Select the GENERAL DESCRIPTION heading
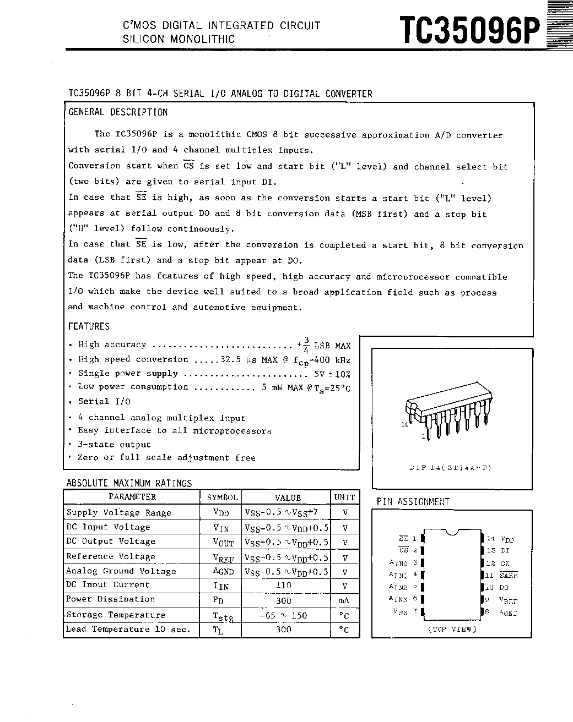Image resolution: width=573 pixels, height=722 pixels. [x=118, y=112]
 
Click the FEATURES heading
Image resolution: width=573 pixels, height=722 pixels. [x=89, y=326]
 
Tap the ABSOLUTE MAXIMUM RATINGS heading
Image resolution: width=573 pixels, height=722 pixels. [x=129, y=483]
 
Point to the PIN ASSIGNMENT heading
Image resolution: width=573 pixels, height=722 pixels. [x=413, y=501]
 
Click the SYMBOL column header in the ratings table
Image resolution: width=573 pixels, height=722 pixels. [x=222, y=497]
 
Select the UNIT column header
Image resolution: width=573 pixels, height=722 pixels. [x=344, y=497]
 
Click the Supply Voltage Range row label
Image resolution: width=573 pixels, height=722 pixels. [x=118, y=512]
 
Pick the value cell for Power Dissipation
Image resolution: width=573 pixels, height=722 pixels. [x=283, y=600]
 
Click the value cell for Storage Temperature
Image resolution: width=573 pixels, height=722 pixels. [x=283, y=615]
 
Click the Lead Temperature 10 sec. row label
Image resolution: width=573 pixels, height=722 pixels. [x=128, y=629]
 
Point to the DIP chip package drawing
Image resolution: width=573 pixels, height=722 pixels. [x=448, y=415]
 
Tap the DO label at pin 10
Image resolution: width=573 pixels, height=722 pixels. [x=504, y=588]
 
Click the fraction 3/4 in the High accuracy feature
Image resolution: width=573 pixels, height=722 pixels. [x=306, y=344]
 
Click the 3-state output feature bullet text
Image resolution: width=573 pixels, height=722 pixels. [x=114, y=445]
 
